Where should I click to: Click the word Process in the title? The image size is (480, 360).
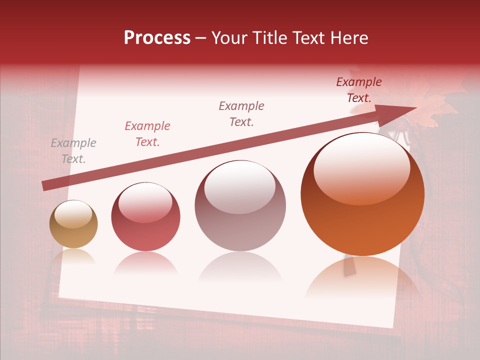coord(157,38)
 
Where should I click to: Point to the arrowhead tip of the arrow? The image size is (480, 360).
coord(416,108)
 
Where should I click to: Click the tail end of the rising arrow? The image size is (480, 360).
coord(44,186)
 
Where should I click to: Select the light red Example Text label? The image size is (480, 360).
coord(147,134)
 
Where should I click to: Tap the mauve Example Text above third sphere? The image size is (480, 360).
coord(241,113)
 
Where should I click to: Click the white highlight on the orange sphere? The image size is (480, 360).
coord(362,167)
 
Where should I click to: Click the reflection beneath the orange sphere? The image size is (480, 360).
coord(362,280)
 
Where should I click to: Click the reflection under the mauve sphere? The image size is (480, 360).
coord(240,267)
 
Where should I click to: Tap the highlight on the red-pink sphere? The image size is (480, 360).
coord(145,202)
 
